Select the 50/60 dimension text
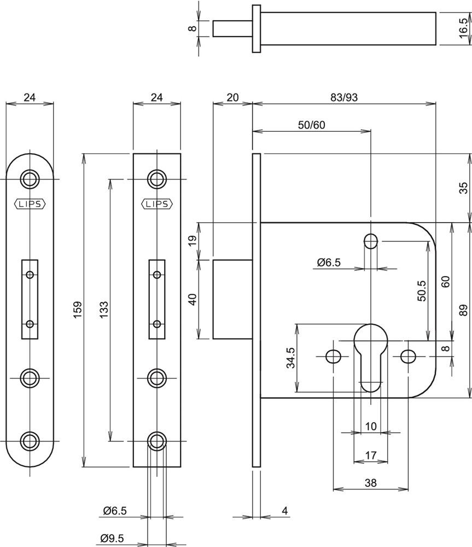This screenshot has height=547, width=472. [x=311, y=125]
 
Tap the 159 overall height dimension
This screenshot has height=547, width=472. [x=77, y=310]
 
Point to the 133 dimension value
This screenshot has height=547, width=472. [x=103, y=310]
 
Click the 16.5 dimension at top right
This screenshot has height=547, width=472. [x=464, y=27]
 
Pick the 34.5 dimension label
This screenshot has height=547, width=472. [x=291, y=358]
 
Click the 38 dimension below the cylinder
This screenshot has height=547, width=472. [x=371, y=483]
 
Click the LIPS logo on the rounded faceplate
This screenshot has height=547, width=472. [x=30, y=204]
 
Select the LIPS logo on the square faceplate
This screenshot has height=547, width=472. [x=157, y=204]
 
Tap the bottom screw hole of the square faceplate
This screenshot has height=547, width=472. [x=157, y=440]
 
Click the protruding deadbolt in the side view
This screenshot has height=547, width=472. [x=232, y=299]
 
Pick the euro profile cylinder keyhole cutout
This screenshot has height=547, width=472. [x=371, y=356]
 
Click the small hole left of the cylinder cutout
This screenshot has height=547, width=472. [x=333, y=357]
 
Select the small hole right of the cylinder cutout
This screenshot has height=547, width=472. [x=407, y=357]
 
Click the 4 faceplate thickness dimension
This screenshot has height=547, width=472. [x=285, y=511]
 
